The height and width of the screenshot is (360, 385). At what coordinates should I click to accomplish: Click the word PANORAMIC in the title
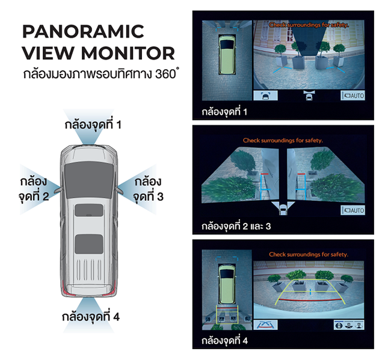pos(83,32)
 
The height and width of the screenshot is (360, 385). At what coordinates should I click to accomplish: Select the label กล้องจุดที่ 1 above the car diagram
pos(94,125)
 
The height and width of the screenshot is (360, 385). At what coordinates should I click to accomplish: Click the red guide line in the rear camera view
pos(307,297)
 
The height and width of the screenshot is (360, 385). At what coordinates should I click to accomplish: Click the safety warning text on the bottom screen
pos(309,255)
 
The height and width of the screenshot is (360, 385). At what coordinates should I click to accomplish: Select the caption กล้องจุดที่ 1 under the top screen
pos(224,111)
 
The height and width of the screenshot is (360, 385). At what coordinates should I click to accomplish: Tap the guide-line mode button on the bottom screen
pos(263,325)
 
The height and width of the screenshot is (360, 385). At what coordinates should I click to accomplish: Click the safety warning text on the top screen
pos(309,25)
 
